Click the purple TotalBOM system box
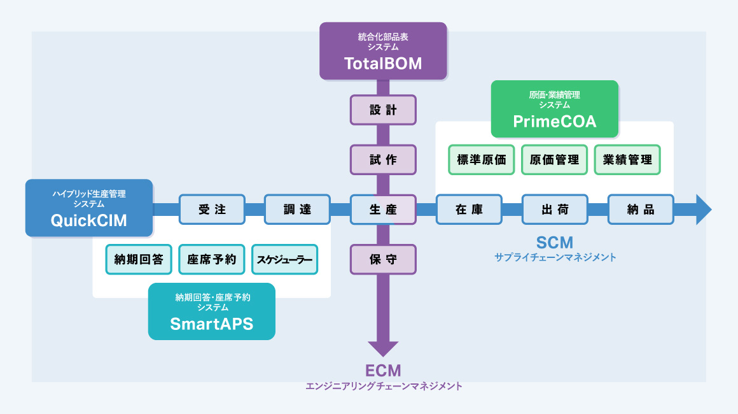point(383,51)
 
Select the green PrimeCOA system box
point(554,109)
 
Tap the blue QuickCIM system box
point(89,208)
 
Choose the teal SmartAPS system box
point(211,311)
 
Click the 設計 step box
point(383,110)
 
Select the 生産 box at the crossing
point(383,210)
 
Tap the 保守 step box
point(383,260)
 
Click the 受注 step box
point(212,210)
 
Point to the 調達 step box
point(297,210)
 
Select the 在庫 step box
point(469,210)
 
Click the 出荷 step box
point(555,210)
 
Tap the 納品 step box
point(641,210)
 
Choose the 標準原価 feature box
point(482,160)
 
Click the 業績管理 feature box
point(627,160)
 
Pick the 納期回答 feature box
point(139,259)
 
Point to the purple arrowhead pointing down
point(383,348)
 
